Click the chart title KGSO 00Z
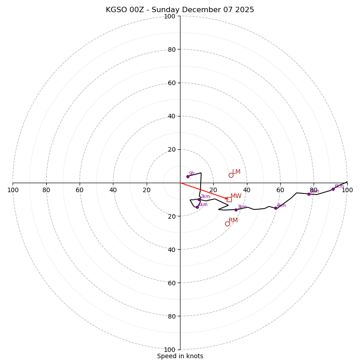click(x=180, y=10)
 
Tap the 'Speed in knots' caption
click(x=180, y=356)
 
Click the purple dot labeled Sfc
click(x=188, y=176)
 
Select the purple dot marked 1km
click(x=197, y=207)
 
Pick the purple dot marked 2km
click(x=199, y=199)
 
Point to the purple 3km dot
click(x=236, y=210)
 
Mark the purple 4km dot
click(x=275, y=208)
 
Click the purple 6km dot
click(x=333, y=189)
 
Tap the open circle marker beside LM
click(x=231, y=175)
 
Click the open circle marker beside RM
click(x=227, y=224)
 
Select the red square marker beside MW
click(x=229, y=199)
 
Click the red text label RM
click(x=233, y=220)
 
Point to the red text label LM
click(x=236, y=172)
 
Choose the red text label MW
click(x=236, y=196)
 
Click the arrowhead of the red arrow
click(x=226, y=198)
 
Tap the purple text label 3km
click(x=242, y=207)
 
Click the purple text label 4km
click(x=281, y=205)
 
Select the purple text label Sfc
click(x=192, y=173)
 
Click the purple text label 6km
click(x=339, y=186)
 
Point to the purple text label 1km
click(x=203, y=205)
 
